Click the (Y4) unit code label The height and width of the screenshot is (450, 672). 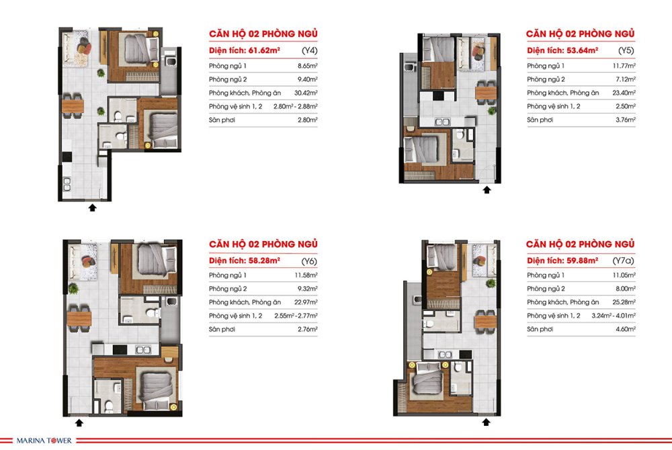pyautogui.click(x=309, y=50)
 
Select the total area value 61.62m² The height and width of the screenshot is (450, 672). pyautogui.click(x=264, y=50)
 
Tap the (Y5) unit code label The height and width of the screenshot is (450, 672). pyautogui.click(x=626, y=50)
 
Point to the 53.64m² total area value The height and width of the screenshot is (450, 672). pyautogui.click(x=582, y=50)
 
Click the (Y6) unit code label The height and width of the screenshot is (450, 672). pyautogui.click(x=309, y=261)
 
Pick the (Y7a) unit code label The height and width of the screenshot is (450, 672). pyautogui.click(x=624, y=261)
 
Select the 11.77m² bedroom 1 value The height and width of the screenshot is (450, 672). pyautogui.click(x=624, y=66)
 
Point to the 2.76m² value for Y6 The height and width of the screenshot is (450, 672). pyautogui.click(x=308, y=329)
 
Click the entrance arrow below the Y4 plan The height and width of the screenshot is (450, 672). pyautogui.click(x=92, y=208)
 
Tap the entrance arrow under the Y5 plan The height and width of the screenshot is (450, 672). pyautogui.click(x=487, y=189)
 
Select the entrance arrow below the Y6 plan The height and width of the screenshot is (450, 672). pyautogui.click(x=79, y=422)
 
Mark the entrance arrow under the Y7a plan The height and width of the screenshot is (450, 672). pyautogui.click(x=486, y=422)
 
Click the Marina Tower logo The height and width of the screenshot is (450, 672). pyautogui.click(x=44, y=440)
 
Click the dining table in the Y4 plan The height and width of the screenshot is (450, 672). pyautogui.click(x=73, y=105)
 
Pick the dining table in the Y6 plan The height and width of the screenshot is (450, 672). pyautogui.click(x=79, y=318)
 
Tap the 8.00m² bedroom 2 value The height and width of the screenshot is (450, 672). pyautogui.click(x=626, y=288)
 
